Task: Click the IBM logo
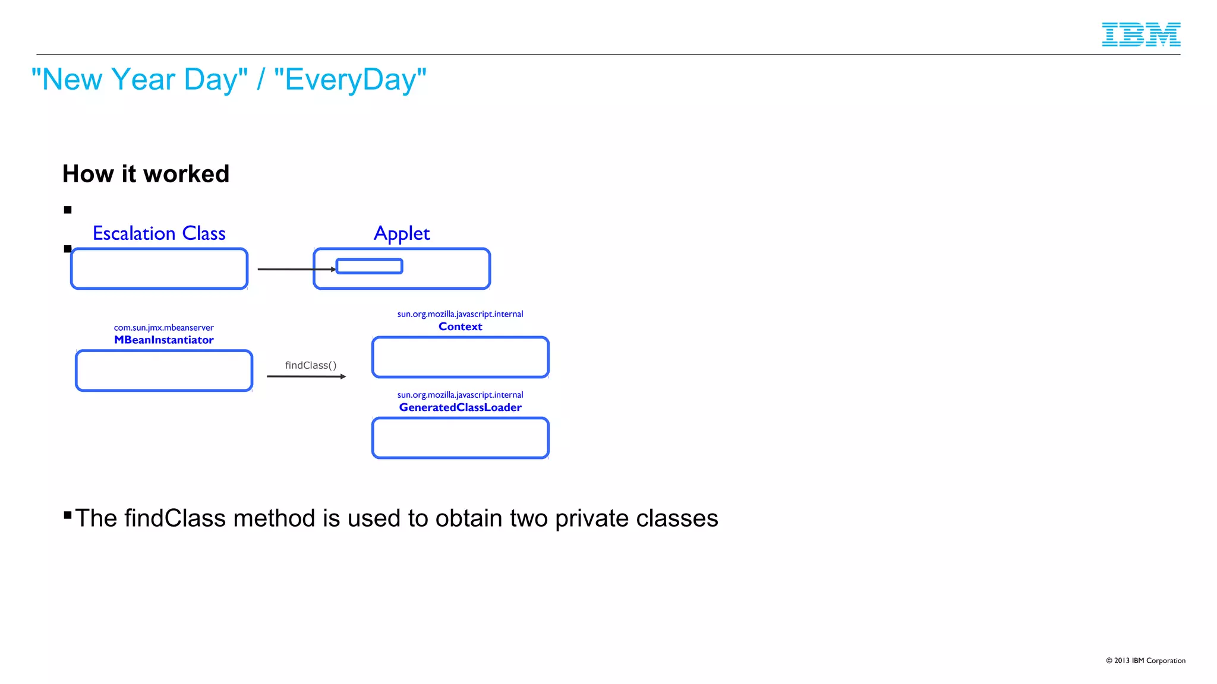[1140, 34]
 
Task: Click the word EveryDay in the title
[350, 80]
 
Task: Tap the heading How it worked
[146, 174]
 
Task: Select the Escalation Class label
[159, 233]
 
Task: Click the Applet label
[402, 233]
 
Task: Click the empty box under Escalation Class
[159, 269]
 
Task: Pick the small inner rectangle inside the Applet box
[369, 266]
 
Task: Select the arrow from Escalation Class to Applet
[294, 270]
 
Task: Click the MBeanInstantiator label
[163, 340]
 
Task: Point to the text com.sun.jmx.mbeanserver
[163, 328]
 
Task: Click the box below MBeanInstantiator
[163, 370]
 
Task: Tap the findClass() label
[310, 365]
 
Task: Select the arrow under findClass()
[305, 376]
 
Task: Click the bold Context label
[460, 327]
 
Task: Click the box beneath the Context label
[460, 357]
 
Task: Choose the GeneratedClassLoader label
[460, 407]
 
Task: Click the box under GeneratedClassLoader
[460, 438]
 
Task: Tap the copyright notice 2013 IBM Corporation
[1145, 660]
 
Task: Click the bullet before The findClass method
[68, 515]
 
